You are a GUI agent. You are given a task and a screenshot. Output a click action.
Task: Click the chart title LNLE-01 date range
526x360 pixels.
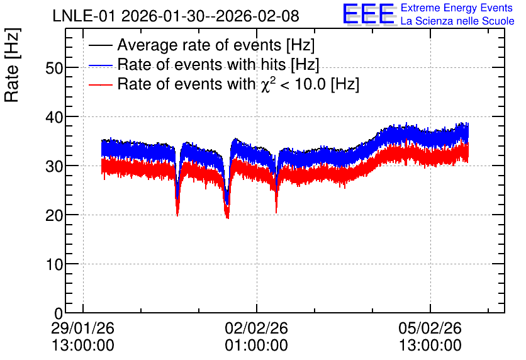(x=176, y=16)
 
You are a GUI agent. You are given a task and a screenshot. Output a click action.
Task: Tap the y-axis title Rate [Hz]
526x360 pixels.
(x=12, y=65)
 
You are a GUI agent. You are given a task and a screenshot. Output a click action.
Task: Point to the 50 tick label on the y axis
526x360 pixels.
(x=54, y=68)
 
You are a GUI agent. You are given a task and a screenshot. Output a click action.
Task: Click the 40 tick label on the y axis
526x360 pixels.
(x=54, y=117)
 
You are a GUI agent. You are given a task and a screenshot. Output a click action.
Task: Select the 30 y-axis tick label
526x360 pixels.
(x=54, y=166)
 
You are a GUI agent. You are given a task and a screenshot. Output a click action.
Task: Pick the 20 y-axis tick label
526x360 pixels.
(x=54, y=215)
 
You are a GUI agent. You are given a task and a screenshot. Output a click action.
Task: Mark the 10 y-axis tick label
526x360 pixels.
(x=54, y=264)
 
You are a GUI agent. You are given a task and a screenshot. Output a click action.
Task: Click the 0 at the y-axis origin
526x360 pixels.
(x=59, y=313)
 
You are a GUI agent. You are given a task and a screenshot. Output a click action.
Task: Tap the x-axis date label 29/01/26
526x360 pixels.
(x=82, y=328)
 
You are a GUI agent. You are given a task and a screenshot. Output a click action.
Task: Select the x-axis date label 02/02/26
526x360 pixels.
(x=256, y=328)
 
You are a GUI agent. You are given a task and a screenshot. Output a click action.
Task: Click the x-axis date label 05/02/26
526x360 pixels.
(x=430, y=328)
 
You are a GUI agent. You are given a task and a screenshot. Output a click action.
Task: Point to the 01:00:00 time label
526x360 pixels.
(x=256, y=346)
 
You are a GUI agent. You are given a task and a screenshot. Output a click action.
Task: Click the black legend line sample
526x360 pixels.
(x=101, y=45)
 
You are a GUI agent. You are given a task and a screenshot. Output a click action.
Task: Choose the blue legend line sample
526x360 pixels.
(x=101, y=65)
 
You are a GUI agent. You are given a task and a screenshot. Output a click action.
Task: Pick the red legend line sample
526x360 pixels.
(x=101, y=84)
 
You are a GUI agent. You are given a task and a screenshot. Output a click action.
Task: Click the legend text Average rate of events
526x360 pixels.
(x=199, y=45)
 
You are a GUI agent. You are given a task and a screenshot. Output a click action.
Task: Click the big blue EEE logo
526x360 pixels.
(x=368, y=14)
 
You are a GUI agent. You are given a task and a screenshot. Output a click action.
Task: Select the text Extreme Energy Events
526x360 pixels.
(x=457, y=8)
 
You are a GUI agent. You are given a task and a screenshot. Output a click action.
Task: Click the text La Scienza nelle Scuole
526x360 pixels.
(x=457, y=21)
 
